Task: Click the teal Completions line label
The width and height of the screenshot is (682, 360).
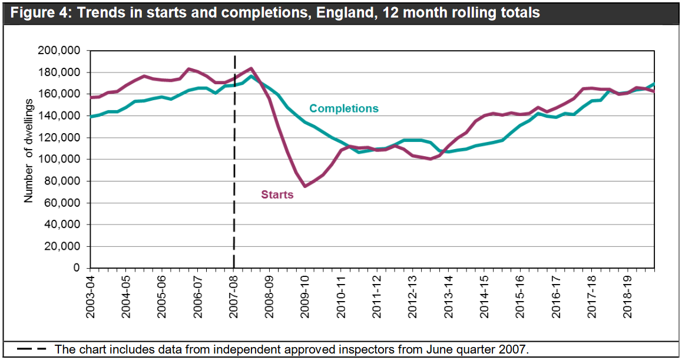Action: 343,108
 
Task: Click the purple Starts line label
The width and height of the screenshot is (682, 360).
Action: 277,194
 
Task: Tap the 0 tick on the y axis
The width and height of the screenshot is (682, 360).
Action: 75,268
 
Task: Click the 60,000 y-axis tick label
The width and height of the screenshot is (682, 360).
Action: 61,203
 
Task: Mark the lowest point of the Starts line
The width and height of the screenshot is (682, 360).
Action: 305,186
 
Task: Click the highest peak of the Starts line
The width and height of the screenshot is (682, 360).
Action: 251,68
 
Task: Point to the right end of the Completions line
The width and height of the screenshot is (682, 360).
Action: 654,84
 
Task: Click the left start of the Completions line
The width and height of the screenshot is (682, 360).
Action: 91,117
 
